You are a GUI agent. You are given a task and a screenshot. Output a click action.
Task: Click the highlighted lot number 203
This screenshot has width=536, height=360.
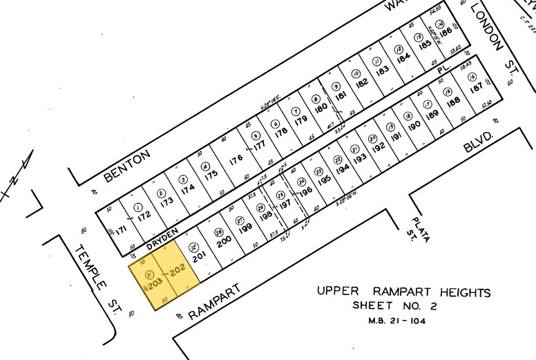[x=153, y=283]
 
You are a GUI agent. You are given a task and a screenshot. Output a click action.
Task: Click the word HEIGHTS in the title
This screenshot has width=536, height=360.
[x=461, y=292]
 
